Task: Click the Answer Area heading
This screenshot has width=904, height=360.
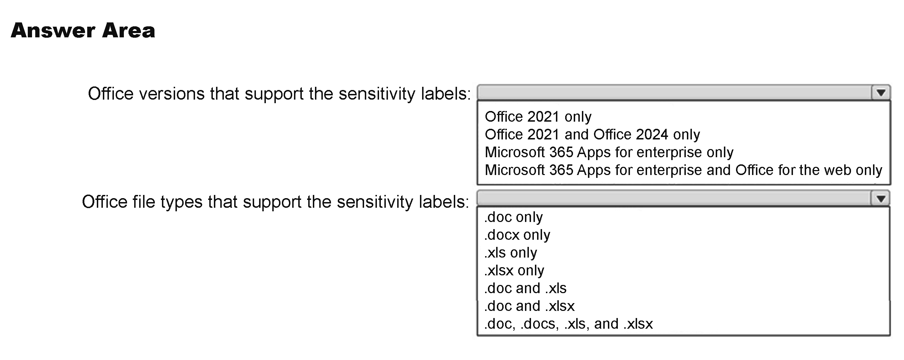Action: (x=83, y=31)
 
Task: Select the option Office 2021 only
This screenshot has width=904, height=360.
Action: (x=538, y=117)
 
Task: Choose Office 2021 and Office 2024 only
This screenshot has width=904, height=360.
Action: (x=592, y=134)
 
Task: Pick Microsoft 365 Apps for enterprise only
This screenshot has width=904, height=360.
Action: (x=609, y=152)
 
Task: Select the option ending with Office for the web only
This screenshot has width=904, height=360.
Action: (x=683, y=170)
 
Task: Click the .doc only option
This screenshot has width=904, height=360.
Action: (x=514, y=217)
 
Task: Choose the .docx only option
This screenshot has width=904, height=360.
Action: (x=517, y=235)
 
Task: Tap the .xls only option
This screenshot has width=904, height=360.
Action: (x=511, y=253)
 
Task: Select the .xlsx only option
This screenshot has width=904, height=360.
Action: (x=514, y=270)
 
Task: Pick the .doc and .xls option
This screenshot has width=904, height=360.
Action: (x=525, y=288)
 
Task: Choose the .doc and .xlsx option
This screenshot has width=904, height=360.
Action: (x=529, y=306)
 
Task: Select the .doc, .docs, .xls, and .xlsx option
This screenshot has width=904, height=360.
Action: (x=568, y=324)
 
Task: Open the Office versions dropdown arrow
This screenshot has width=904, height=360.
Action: (x=881, y=93)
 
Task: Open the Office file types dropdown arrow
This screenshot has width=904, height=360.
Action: (x=881, y=198)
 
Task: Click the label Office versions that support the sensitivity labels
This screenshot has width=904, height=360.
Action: (x=279, y=94)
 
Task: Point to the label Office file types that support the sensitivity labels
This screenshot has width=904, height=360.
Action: (x=276, y=202)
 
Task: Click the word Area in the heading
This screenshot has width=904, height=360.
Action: (x=129, y=31)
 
